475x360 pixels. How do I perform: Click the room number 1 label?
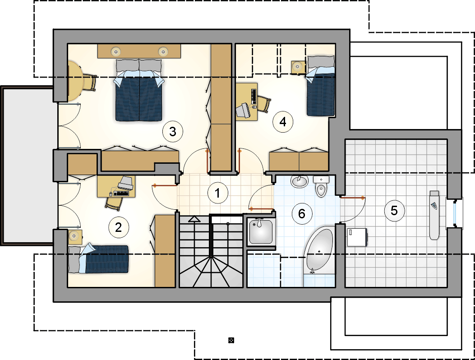[217, 193]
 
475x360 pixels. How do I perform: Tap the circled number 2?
[119, 227]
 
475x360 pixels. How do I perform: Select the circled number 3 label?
[173, 132]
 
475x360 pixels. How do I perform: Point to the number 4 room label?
[283, 122]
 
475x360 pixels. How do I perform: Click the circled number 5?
[394, 210]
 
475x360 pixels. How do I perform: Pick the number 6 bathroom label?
[302, 214]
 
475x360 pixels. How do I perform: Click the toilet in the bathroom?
[321, 186]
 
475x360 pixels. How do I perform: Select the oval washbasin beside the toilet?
[299, 181]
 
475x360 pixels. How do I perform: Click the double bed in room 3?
[139, 90]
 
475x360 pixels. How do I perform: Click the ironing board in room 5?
[434, 215]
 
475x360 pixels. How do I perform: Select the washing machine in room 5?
[357, 237]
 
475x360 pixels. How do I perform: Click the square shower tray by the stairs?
[261, 232]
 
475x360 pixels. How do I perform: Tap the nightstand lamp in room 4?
[297, 66]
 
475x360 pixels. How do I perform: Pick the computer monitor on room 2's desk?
[126, 182]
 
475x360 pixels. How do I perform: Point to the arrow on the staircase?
[194, 219]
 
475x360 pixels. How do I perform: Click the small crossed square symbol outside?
[231, 340]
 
